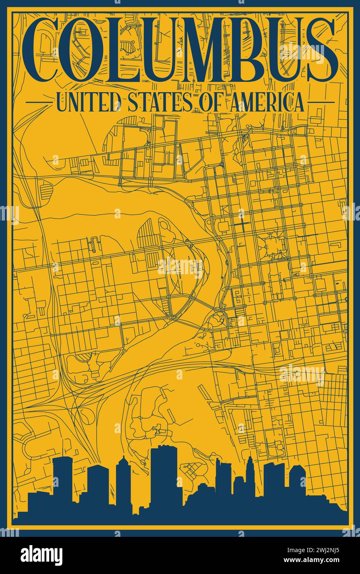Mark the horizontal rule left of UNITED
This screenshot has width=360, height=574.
pyautogui.click(x=39, y=102)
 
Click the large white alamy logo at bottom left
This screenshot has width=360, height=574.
pyautogui.click(x=41, y=555)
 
